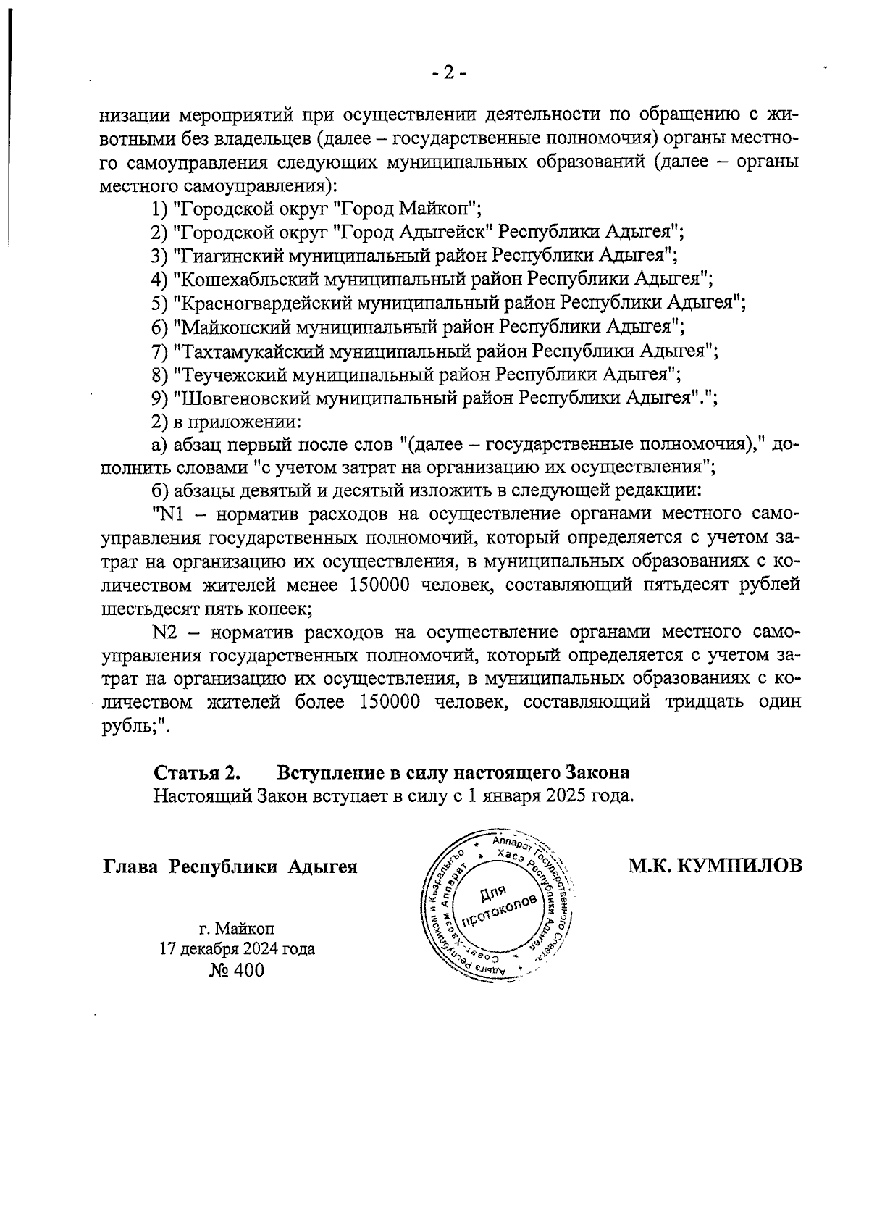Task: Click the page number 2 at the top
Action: coord(448,72)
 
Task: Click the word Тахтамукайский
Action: coord(249,351)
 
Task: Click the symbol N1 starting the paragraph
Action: coord(167,514)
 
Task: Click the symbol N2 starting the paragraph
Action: coord(166,632)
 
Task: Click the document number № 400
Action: coord(236,970)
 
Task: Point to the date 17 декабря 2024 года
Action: coord(237,949)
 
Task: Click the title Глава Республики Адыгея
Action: coord(230,866)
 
